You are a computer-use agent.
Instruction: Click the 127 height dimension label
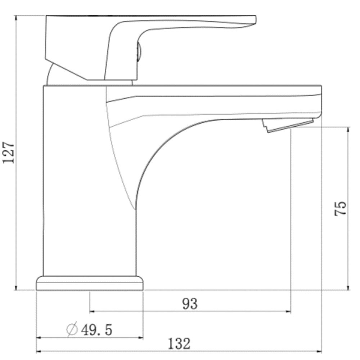[x=9, y=153]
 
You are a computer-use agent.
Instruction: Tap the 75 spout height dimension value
[x=340, y=208]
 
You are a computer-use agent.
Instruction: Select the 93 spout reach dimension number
[x=190, y=304]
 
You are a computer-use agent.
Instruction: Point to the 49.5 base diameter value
[x=96, y=330]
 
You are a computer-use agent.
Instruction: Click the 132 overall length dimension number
[x=179, y=344]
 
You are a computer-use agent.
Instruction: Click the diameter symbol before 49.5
[x=72, y=329]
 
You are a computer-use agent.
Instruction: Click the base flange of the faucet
[x=90, y=283]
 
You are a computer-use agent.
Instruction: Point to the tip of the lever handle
[x=256, y=19]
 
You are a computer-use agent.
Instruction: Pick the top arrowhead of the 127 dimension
[x=16, y=18]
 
